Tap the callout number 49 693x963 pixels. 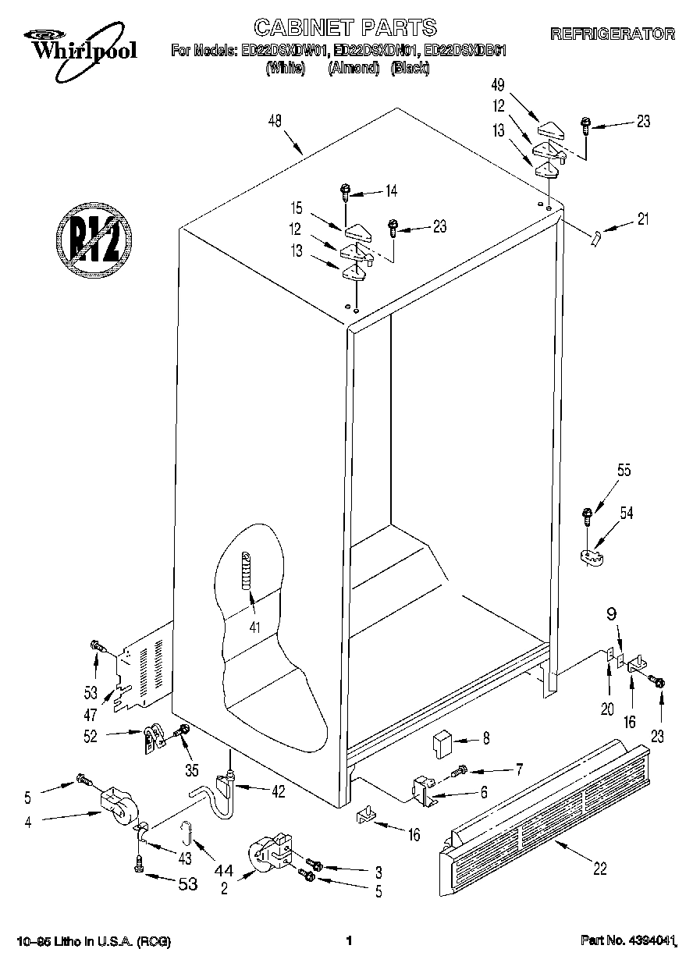click(498, 85)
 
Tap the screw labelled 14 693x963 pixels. click(345, 190)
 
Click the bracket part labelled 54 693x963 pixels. click(595, 556)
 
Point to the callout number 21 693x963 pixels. click(642, 219)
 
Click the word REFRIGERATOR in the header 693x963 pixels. click(612, 34)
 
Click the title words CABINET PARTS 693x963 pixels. click(346, 28)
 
